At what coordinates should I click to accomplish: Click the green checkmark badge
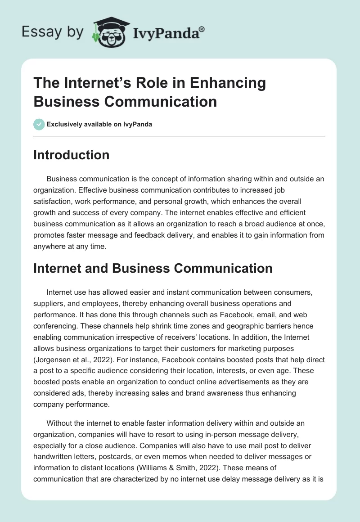(x=39, y=124)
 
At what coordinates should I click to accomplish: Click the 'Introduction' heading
(x=71, y=155)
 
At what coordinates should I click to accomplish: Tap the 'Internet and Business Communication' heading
(x=153, y=269)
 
